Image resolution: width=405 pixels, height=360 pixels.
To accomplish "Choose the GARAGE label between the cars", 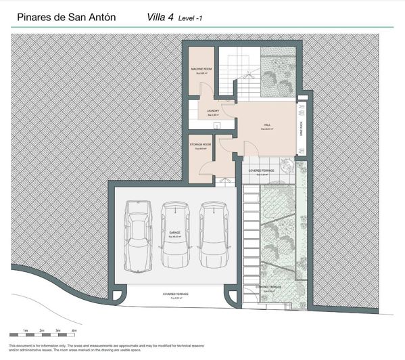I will click(174, 232).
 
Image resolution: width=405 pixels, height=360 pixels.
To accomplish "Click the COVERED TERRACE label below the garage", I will click(175, 295).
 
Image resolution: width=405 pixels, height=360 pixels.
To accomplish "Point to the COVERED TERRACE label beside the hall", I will click(261, 171).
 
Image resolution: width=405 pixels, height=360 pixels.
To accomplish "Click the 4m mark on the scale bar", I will click(74, 329).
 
